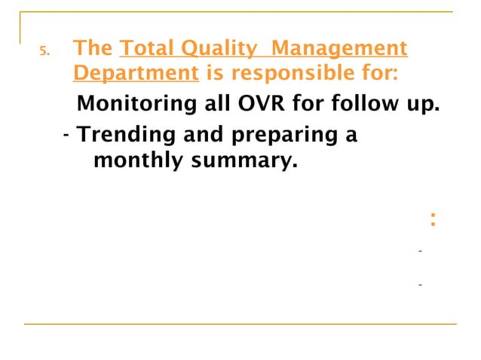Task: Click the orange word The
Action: [93, 49]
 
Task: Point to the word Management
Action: [339, 49]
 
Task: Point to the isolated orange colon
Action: [432, 221]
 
